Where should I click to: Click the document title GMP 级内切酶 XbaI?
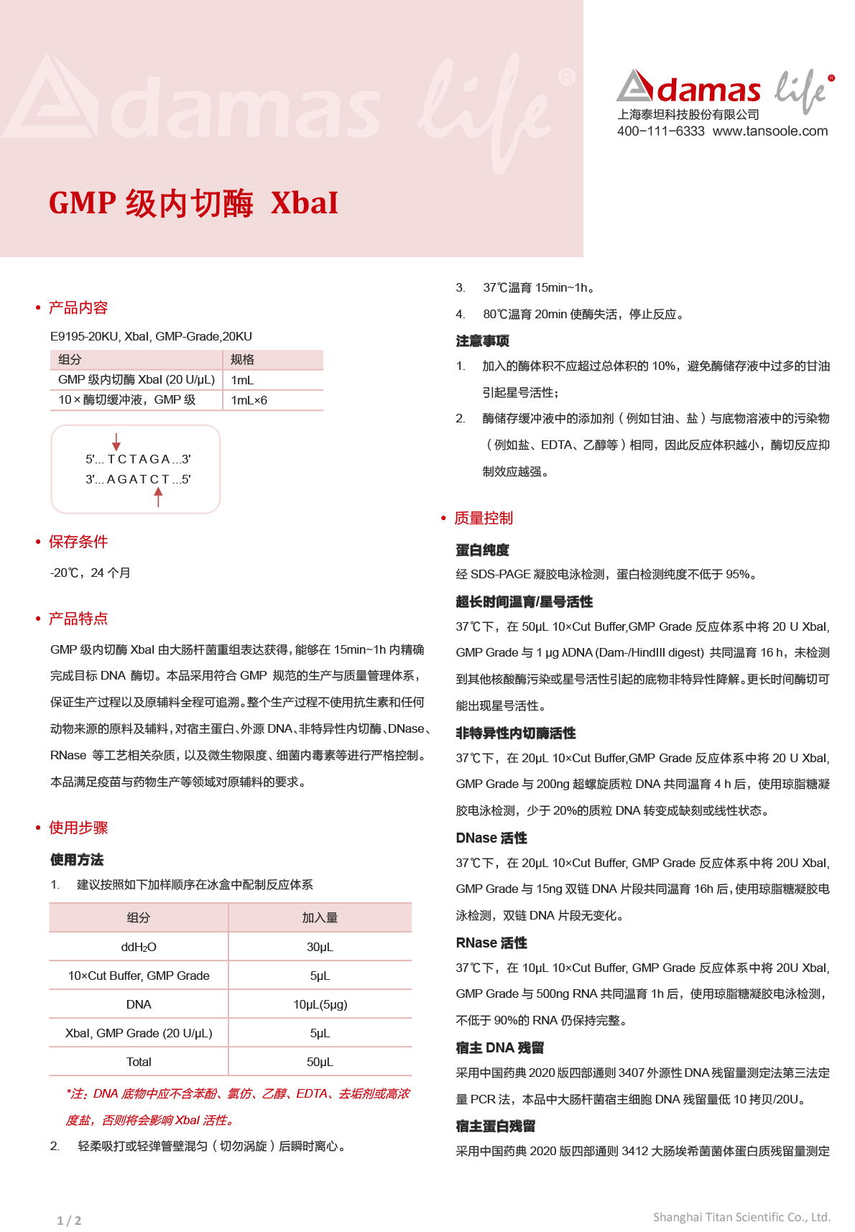pyautogui.click(x=193, y=203)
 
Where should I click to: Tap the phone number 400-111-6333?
pyautogui.click(x=660, y=131)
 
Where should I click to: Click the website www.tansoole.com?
pyautogui.click(x=769, y=131)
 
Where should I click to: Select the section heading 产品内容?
pyautogui.click(x=78, y=308)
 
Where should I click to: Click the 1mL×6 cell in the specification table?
pyautogui.click(x=249, y=400)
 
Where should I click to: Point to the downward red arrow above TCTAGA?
pyautogui.click(x=116, y=442)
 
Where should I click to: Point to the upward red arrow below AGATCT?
pyautogui.click(x=158, y=496)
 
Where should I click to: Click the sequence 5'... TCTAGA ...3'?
pyautogui.click(x=138, y=460)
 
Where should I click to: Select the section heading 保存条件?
pyautogui.click(x=78, y=542)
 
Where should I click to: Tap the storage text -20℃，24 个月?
pyautogui.click(x=91, y=573)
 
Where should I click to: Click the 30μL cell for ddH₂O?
pyautogui.click(x=320, y=947)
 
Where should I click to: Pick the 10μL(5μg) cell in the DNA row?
pyautogui.click(x=320, y=1004)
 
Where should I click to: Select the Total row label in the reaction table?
pyautogui.click(x=139, y=1062)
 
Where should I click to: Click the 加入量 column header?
pyautogui.click(x=320, y=918)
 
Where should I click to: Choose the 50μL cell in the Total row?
pyautogui.click(x=320, y=1062)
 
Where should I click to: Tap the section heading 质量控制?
pyautogui.click(x=484, y=519)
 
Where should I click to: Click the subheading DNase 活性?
pyautogui.click(x=491, y=838)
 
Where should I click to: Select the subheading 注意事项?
pyautogui.click(x=482, y=341)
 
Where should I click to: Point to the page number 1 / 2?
pyautogui.click(x=69, y=1221)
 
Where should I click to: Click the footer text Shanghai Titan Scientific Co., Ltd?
pyautogui.click(x=741, y=1217)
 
